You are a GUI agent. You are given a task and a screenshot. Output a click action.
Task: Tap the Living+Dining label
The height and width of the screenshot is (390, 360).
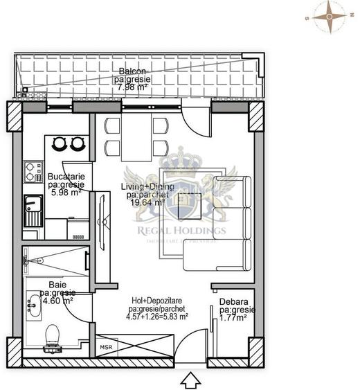tap(150, 187)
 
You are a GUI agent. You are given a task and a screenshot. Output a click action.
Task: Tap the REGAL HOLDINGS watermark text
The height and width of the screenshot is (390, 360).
tap(181, 231)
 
